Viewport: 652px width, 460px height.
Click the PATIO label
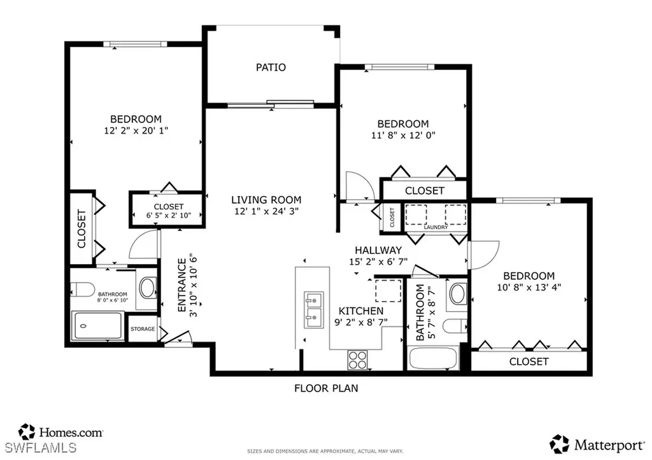pos(271,67)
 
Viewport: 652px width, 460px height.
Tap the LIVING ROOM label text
pos(266,199)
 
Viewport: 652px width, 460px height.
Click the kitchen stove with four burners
pos(357,360)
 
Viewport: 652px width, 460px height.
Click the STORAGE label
pos(143,329)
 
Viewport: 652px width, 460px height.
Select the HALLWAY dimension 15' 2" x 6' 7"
pos(378,261)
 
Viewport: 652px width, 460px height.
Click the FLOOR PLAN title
pos(325,387)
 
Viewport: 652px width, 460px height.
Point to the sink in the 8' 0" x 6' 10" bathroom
pos(148,288)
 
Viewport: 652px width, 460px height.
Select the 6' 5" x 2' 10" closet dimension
pos(169,216)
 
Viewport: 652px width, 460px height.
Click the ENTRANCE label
pos(182,284)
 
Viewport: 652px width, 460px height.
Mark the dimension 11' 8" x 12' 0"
pos(403,135)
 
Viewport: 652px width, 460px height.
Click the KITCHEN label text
pos(361,310)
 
